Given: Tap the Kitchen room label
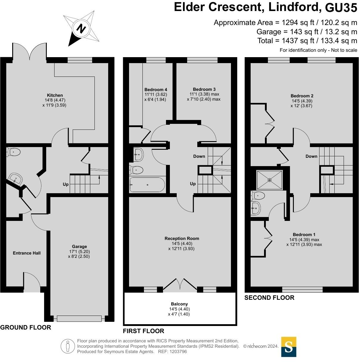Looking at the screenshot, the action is coord(55,95).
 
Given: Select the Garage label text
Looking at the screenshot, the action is coord(79,246).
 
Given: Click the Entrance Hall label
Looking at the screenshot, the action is coord(27,253).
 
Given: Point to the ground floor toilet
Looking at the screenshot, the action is coord(13,152).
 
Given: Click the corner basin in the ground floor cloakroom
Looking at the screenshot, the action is coord(15,179).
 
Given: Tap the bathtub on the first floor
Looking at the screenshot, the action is coord(147,185).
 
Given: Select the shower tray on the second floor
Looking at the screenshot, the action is coord(269,180).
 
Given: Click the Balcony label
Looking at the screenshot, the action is coord(179,304).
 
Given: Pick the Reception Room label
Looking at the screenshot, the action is coord(182,238).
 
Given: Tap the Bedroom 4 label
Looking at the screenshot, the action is coord(156,90).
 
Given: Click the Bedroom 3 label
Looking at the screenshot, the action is coord(204,89).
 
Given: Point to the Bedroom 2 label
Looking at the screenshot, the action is coord(302,96).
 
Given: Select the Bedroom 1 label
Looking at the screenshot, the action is coord(304,235).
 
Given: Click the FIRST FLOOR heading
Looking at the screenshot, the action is coord(143,331).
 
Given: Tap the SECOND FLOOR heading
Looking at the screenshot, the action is coord(269,298).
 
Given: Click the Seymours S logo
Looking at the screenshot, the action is coord(288,347).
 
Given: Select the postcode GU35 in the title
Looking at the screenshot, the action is coord(341,8).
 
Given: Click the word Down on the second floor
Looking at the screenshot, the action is coord(311,156).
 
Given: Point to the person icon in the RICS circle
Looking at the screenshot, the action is coord(68,346).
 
